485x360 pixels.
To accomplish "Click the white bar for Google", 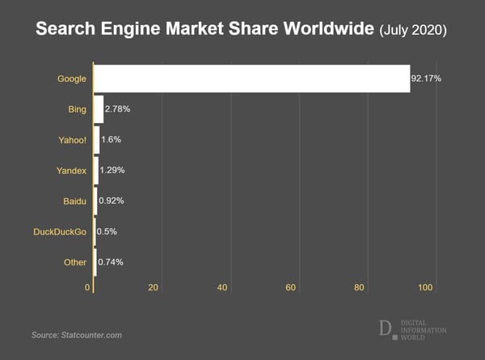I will click(251, 78).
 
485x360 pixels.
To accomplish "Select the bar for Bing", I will click(99, 108).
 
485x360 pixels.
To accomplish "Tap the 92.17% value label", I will click(427, 78).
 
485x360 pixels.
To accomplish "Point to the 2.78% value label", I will click(118, 108).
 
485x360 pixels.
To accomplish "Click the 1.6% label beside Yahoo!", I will click(111, 139).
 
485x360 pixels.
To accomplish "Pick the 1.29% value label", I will click(112, 170).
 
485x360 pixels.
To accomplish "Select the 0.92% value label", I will click(111, 201).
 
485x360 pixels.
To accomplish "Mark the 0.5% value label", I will click(107, 231).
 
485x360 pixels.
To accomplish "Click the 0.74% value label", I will click(110, 262).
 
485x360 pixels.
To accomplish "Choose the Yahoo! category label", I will click(71, 139).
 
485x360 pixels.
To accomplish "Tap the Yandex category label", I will click(71, 170).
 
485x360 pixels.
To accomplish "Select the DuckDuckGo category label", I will click(59, 231).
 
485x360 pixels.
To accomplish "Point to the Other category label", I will click(75, 262).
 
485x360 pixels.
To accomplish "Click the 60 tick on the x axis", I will click(290, 287).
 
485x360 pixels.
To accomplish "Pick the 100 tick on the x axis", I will click(426, 287).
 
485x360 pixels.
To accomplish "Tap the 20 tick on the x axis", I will click(154, 287).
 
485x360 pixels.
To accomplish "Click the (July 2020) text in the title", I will click(412, 31).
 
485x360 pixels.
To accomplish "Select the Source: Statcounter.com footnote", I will click(77, 334).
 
